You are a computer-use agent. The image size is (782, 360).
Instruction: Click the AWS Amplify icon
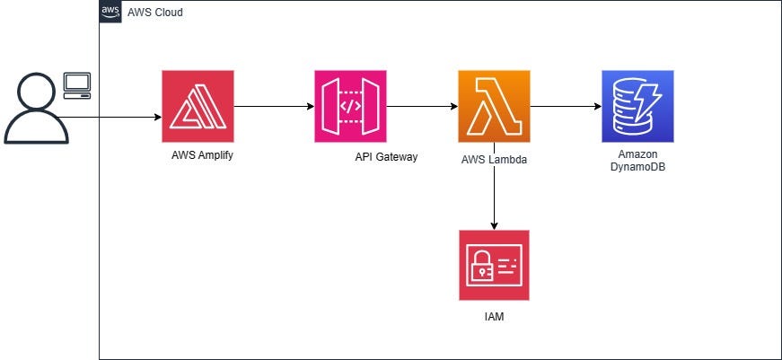point(198,106)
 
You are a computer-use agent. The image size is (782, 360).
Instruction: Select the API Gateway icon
point(350,106)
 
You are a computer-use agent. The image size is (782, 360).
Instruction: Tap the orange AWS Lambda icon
point(494,106)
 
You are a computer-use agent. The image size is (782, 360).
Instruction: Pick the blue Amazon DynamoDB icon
point(637,106)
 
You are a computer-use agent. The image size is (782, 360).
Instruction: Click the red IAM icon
point(494,265)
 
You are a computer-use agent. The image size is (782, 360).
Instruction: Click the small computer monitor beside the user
point(77,84)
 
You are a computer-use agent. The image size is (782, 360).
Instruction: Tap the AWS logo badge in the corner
point(110,12)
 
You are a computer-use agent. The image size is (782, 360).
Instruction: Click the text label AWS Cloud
point(155,13)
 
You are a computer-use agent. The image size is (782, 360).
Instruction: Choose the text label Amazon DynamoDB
point(637,161)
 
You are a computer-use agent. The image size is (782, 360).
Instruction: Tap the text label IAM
point(494,316)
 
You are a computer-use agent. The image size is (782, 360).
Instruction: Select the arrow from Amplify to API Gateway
point(274,107)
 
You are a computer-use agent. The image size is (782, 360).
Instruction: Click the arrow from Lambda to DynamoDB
point(566,107)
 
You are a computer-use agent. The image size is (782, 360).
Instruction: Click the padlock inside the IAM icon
point(482,266)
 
